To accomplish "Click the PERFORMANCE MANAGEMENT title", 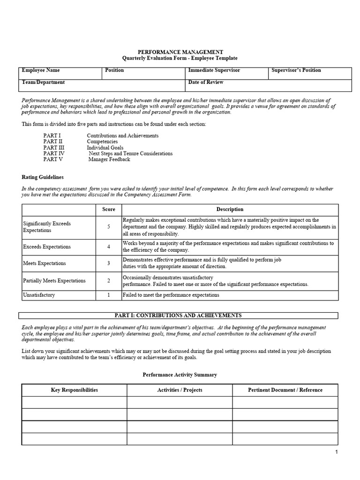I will click(x=180, y=52).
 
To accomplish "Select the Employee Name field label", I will click(x=41, y=70).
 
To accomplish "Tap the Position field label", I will click(x=114, y=70).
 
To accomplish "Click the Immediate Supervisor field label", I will click(x=214, y=70).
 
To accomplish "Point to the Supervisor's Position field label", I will click(x=296, y=70).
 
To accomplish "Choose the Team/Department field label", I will click(x=44, y=82).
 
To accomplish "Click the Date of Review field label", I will click(x=206, y=82).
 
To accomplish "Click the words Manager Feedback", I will click(x=109, y=159).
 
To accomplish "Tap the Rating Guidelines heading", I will click(x=43, y=177).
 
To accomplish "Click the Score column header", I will click(x=109, y=210).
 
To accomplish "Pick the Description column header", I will click(x=230, y=210).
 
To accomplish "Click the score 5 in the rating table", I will click(x=109, y=227).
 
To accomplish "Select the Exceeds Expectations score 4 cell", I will click(x=109, y=247).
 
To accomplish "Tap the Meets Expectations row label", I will click(x=45, y=263).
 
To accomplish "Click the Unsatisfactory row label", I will click(x=39, y=295).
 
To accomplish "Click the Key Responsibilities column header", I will click(x=75, y=390).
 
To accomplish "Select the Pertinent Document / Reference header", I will click(x=285, y=390).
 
